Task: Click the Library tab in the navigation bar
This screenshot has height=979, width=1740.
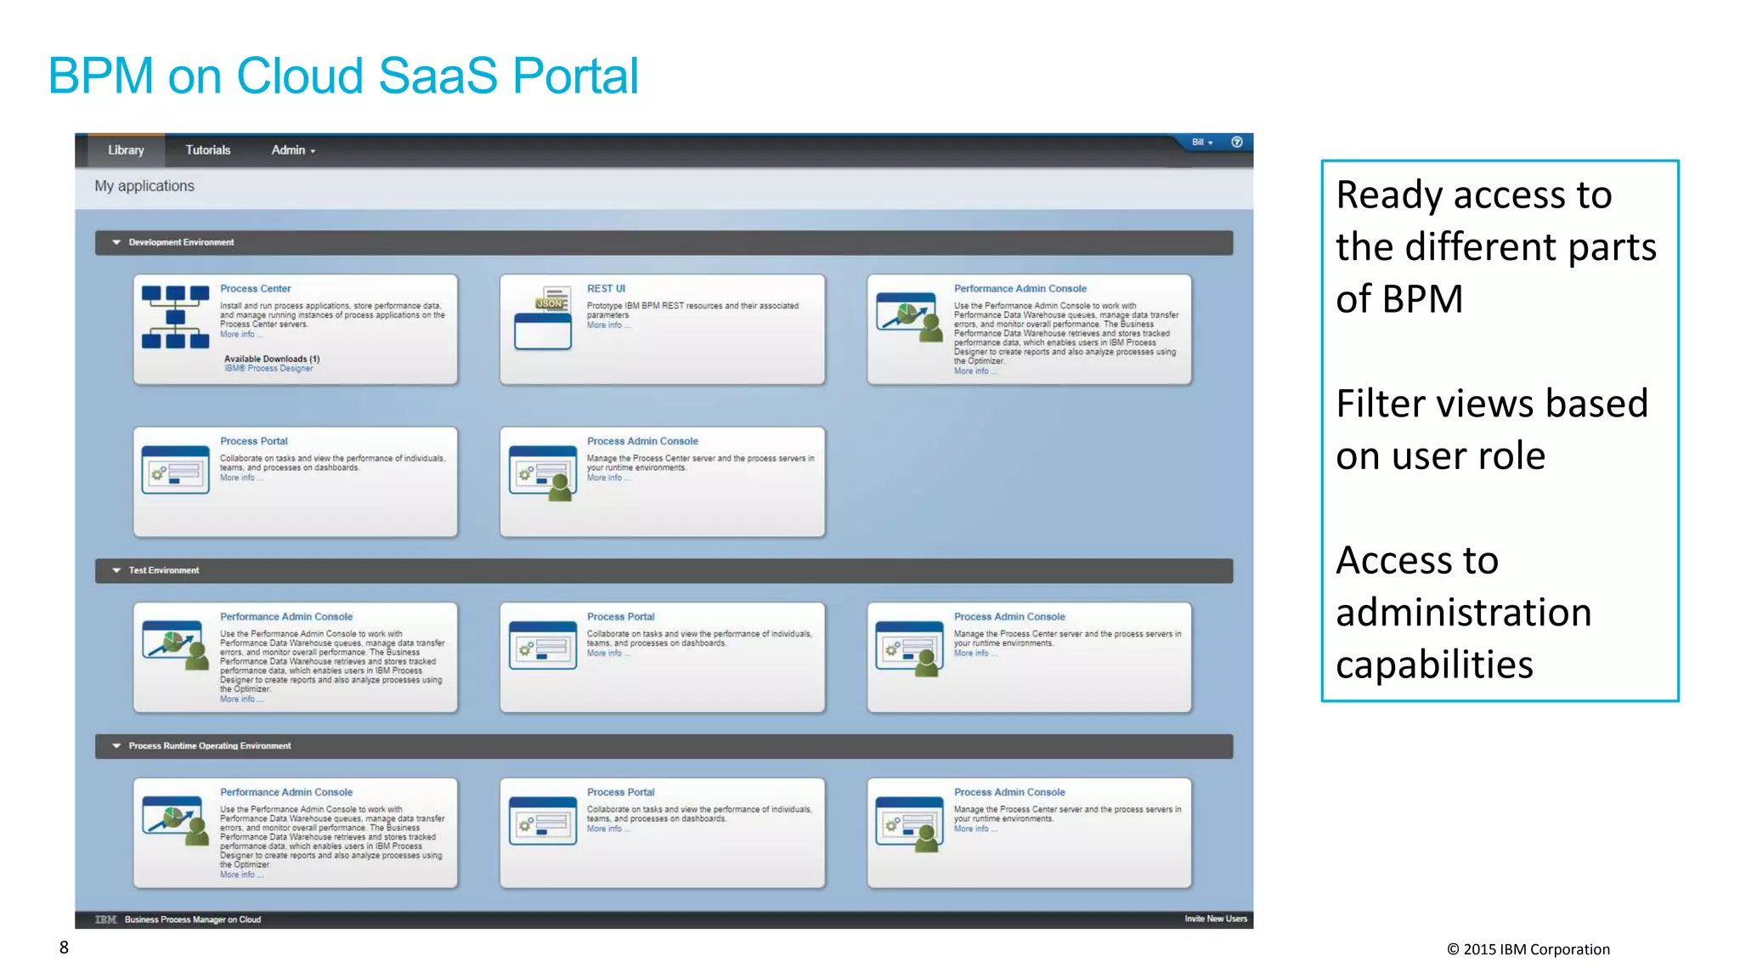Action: [126, 150]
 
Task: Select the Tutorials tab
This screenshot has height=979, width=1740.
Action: [208, 150]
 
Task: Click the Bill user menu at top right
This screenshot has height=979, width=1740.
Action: [1201, 142]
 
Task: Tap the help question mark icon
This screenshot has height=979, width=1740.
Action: [1237, 142]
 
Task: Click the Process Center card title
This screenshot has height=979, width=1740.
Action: [255, 289]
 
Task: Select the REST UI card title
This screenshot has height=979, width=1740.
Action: [606, 289]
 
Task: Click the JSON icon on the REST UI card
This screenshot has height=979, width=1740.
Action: [550, 303]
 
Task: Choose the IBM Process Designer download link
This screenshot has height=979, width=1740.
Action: [268, 369]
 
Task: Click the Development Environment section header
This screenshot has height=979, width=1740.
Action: [181, 243]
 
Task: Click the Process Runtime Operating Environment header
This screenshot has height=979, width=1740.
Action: [209, 746]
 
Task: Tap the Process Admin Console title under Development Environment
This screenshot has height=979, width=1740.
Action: [642, 441]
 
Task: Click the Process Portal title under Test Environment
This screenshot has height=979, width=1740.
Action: [620, 617]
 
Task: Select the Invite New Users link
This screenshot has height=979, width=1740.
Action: [1216, 919]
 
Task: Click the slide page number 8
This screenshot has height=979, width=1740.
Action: [64, 948]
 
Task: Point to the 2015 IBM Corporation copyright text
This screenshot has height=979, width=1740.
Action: [1528, 949]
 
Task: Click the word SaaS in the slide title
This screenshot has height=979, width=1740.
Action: [437, 76]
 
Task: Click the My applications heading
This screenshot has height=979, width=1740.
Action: [144, 186]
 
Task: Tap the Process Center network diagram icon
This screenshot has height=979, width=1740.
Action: [175, 318]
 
